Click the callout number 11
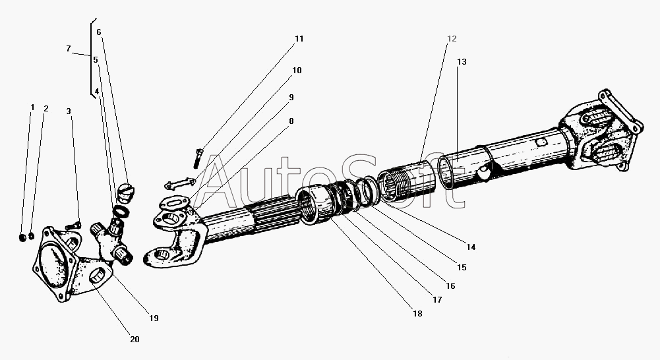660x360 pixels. point(299,39)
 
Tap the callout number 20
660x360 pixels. point(135,340)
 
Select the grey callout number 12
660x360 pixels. point(451,39)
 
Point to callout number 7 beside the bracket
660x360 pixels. point(68,49)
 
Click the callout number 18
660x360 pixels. point(417,314)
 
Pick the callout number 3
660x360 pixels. point(69,111)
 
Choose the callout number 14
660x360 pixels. point(471,247)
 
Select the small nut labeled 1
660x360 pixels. point(23,238)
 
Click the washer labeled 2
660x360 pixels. point(31,237)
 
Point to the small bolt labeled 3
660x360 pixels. point(73,225)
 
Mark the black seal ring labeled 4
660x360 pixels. point(120,212)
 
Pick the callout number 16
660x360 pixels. point(450,286)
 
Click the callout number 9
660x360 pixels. point(291,98)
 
